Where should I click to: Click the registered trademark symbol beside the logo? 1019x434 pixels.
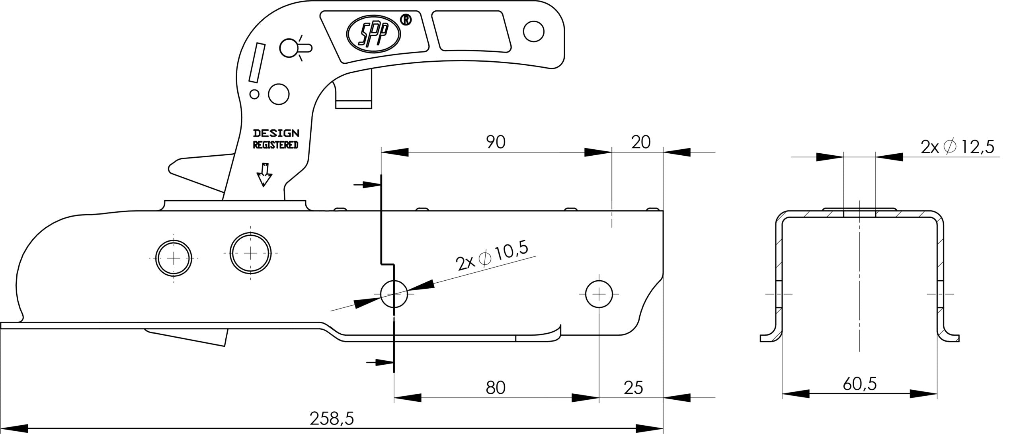pyautogui.click(x=406, y=20)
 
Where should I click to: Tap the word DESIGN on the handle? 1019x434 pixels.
pyautogui.click(x=276, y=133)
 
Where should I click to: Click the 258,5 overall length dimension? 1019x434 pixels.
pyautogui.click(x=332, y=418)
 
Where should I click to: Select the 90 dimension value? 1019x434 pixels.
pyautogui.click(x=496, y=143)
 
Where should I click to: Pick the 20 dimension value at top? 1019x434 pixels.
pyautogui.click(x=641, y=142)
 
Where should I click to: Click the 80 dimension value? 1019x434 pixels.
pyautogui.click(x=496, y=387)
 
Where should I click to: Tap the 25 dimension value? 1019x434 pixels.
pyautogui.click(x=633, y=387)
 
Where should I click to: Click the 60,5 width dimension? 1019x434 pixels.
pyautogui.click(x=860, y=385)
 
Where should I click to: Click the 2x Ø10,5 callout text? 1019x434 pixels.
pyautogui.click(x=492, y=257)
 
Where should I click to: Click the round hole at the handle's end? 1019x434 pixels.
pyautogui.click(x=533, y=31)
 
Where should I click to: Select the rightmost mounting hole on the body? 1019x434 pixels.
pyautogui.click(x=599, y=295)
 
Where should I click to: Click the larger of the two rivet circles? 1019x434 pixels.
pyautogui.click(x=250, y=253)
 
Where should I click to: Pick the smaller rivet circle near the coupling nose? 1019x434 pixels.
pyautogui.click(x=174, y=258)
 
